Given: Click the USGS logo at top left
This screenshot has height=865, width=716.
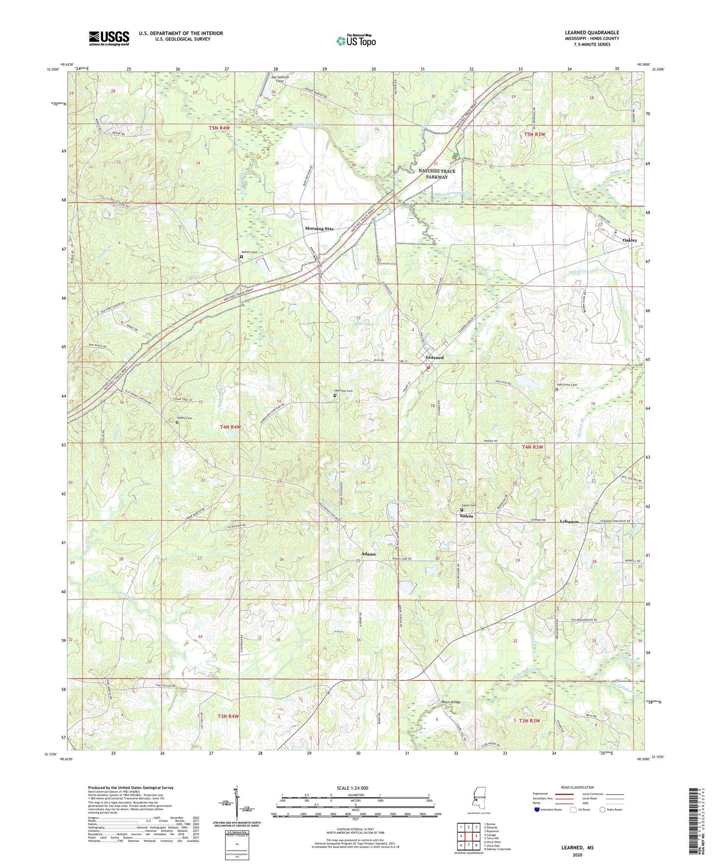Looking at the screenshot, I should coord(109,38).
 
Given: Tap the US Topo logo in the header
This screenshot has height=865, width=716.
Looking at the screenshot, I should coord(356,41).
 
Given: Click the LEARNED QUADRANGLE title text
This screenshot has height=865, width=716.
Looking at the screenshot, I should coord(592,33).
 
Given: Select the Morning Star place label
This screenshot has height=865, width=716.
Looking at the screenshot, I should coord(319,229).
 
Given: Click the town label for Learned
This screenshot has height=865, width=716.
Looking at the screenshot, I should coord(435,357).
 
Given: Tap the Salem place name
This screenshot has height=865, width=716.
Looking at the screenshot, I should coord(466,516).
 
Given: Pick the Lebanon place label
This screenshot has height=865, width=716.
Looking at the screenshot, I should coord(569,522).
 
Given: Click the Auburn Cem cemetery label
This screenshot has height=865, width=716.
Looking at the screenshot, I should coord(249,252).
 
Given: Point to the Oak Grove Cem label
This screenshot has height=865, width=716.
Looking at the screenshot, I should coord(567,385).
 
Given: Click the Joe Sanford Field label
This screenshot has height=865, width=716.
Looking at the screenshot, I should coord(279,79).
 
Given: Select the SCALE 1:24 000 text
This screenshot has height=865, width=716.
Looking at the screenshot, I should coord(352,788).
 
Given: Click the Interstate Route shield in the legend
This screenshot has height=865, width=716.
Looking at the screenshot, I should coord(537,810).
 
